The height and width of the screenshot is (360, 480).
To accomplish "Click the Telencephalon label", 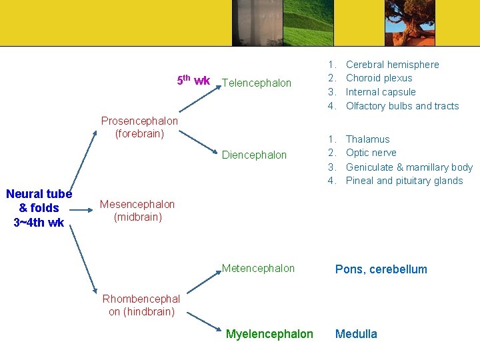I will tap(257, 83).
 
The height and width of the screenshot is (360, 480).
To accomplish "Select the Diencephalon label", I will tap(254, 155).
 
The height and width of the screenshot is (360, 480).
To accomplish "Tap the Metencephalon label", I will tap(258, 269).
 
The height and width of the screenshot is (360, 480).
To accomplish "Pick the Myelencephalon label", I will tap(269, 334).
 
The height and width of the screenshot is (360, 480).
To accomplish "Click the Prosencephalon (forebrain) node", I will tap(139, 127).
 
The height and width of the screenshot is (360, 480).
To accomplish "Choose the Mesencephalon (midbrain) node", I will tap(137, 211).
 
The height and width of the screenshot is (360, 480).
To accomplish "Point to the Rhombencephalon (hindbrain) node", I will tap(141, 305).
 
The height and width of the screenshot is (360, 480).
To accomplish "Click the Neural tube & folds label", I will tap(39, 208).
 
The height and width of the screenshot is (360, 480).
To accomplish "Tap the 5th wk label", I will tap(193, 81).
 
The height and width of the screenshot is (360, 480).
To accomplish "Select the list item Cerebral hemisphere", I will tap(392, 65).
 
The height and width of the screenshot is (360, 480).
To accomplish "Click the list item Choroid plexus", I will tap(379, 78).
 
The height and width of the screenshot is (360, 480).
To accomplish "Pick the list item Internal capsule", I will tap(381, 92).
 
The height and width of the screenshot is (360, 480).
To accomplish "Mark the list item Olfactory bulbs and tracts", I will tap(402, 106).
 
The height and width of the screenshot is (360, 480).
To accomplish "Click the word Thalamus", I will tap(367, 139).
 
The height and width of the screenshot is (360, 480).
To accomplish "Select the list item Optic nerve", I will tap(371, 153).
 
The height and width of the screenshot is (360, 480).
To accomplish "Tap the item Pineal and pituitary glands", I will tap(404, 181).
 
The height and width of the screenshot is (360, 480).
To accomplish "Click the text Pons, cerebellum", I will tap(381, 269).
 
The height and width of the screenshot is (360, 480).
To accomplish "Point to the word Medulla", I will tap(356, 334).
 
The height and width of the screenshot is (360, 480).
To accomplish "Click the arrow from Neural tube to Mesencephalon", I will tap(84, 209).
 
